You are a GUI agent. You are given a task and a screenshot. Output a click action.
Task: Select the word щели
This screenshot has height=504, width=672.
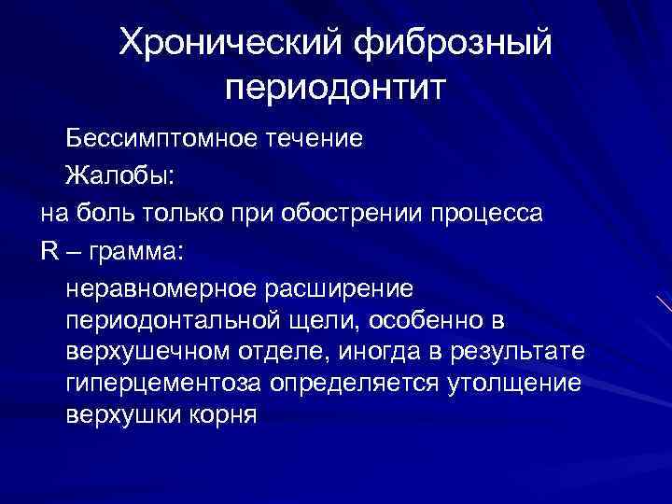click(x=333, y=321)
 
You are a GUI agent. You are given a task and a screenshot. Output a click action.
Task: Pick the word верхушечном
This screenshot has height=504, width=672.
click(x=140, y=353)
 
